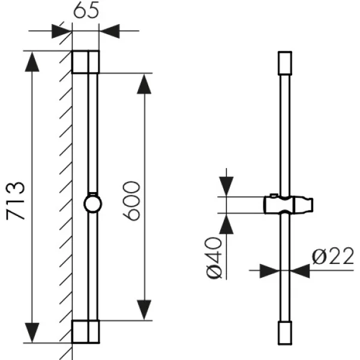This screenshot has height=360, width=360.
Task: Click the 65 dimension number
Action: tap(86, 10)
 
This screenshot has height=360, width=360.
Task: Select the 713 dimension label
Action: tap(15, 201)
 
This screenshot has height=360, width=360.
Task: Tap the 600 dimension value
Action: tap(131, 201)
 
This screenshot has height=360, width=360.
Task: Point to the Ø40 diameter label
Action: tap(214, 258)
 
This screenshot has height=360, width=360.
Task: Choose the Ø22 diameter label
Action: tap(333, 256)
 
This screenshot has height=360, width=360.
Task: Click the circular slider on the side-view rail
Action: tap(93, 204)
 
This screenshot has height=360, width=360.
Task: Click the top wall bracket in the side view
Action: tap(86, 62)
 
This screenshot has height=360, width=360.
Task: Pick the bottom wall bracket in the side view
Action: tap(86, 332)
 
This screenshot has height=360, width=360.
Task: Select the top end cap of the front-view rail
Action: tap(285, 63)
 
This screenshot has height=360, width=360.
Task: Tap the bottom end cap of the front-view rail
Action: tap(285, 333)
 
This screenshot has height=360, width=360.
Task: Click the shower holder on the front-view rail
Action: tap(289, 205)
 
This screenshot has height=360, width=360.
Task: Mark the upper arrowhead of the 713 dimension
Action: tap(32, 62)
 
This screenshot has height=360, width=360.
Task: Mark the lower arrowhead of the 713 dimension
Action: tap(32, 332)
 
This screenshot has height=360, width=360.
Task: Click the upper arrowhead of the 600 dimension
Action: tap(144, 84)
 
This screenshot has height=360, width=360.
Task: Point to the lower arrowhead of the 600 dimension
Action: tap(144, 310)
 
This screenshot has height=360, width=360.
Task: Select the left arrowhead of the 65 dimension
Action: tap(62, 31)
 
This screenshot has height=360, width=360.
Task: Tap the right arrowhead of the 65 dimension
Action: tap(110, 31)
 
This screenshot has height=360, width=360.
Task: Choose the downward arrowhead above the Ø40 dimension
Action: tap(226, 186)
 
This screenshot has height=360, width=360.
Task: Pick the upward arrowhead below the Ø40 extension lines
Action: tap(226, 224)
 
